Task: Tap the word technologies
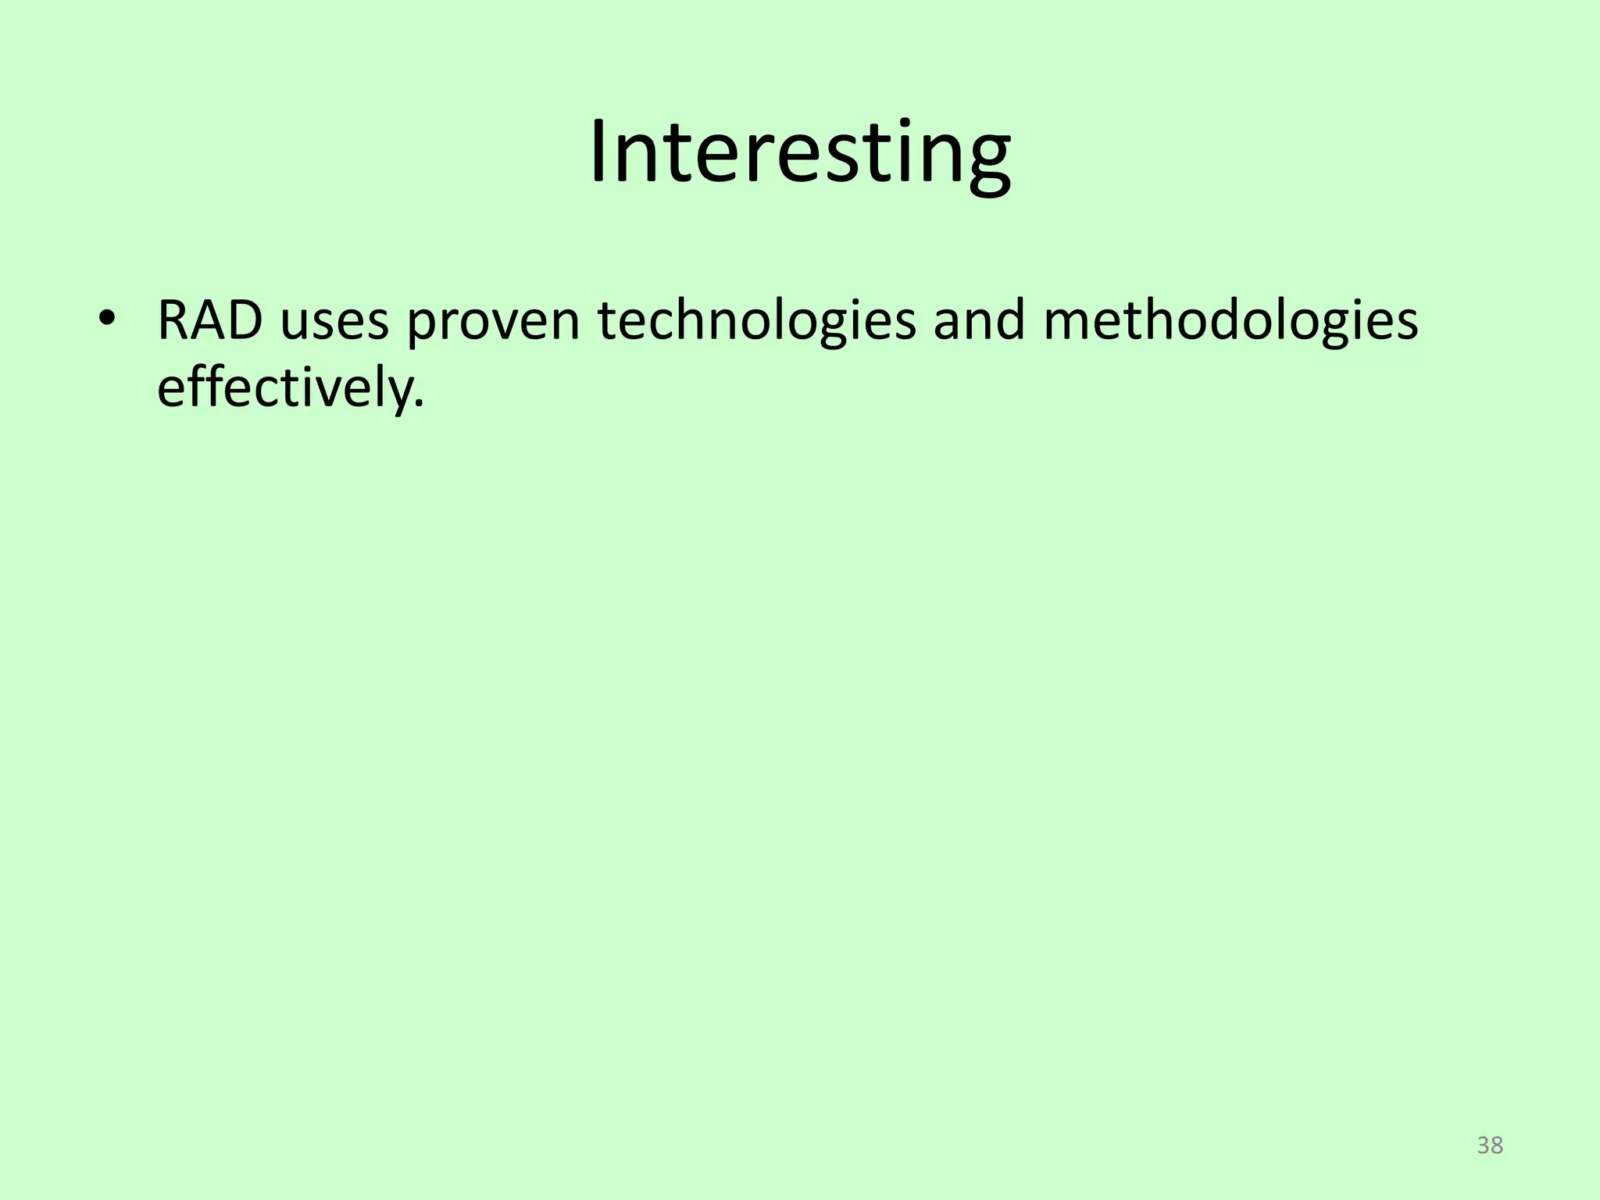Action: point(757,322)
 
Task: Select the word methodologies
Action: point(1230,322)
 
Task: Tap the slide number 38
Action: point(1490,1146)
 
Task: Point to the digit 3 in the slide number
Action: point(1483,1146)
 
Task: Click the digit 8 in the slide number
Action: point(1497,1146)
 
